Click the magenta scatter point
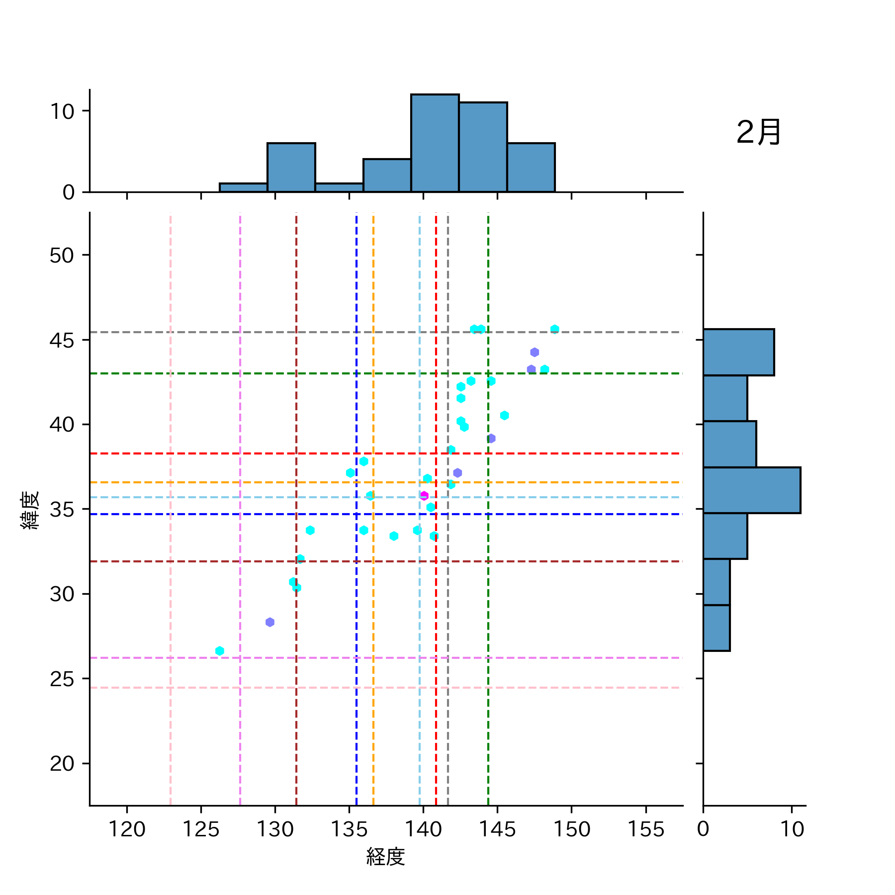pos(424,496)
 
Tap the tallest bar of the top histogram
pos(435,143)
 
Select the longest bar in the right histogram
pos(751,490)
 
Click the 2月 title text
pos(758,133)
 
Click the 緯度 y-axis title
pos(30,510)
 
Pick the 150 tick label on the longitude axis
pos(571,829)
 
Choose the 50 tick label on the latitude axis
pos(62,256)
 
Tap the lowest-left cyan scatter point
pos(220,651)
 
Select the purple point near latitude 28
pos(270,622)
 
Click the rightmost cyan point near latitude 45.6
pos(555,329)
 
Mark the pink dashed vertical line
pos(171,597)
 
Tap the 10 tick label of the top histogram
pos(62,111)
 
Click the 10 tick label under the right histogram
pos(792,829)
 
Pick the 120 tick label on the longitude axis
pos(127,829)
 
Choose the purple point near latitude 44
pos(535,352)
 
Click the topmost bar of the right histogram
pos(738,352)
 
